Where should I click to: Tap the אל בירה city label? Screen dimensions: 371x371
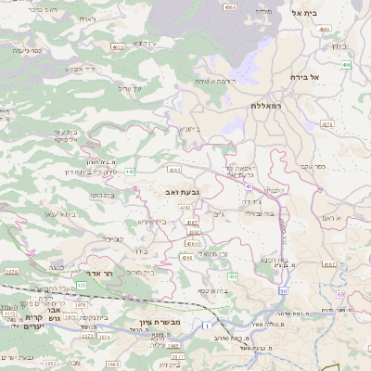click(x=304, y=77)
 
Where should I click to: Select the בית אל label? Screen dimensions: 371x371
click(x=304, y=13)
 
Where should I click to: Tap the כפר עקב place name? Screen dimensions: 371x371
click(x=315, y=167)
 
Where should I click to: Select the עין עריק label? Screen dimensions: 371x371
click(x=132, y=88)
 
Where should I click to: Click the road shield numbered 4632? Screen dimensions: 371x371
click(x=117, y=45)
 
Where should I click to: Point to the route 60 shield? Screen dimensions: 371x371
click(x=340, y=295)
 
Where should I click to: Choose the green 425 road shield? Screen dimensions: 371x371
click(x=81, y=285)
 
